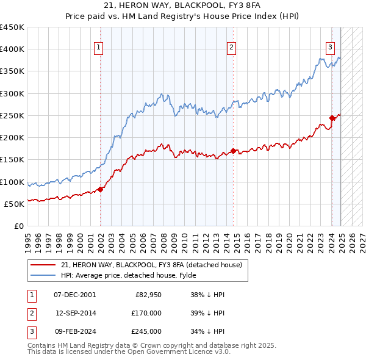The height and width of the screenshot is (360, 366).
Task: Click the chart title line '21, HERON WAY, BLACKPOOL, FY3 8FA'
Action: (x=182, y=7)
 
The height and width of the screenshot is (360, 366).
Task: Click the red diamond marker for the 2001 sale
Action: (x=100, y=189)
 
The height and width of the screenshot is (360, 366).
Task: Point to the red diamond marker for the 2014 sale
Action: (x=234, y=151)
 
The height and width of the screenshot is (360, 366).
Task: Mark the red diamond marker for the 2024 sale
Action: (x=332, y=118)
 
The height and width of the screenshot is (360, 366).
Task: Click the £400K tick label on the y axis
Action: (x=12, y=49)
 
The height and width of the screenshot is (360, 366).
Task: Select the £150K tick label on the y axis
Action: (x=12, y=160)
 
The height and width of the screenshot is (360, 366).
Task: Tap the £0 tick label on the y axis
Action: (x=18, y=226)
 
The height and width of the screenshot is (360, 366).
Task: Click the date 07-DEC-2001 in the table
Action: (x=75, y=295)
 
